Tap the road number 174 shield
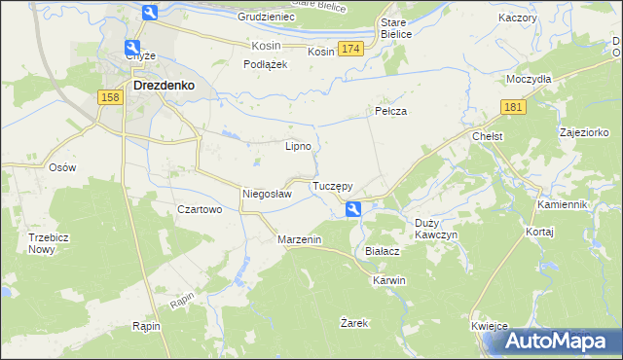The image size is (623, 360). [x=351, y=49]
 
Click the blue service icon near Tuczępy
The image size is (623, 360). [x=353, y=207]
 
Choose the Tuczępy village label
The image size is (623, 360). [x=332, y=185]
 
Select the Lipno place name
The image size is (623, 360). [x=298, y=147]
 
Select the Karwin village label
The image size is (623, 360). [x=388, y=280]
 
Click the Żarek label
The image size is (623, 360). [x=354, y=322]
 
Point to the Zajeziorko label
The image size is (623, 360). [x=584, y=131]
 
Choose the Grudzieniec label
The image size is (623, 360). [x=266, y=18]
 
